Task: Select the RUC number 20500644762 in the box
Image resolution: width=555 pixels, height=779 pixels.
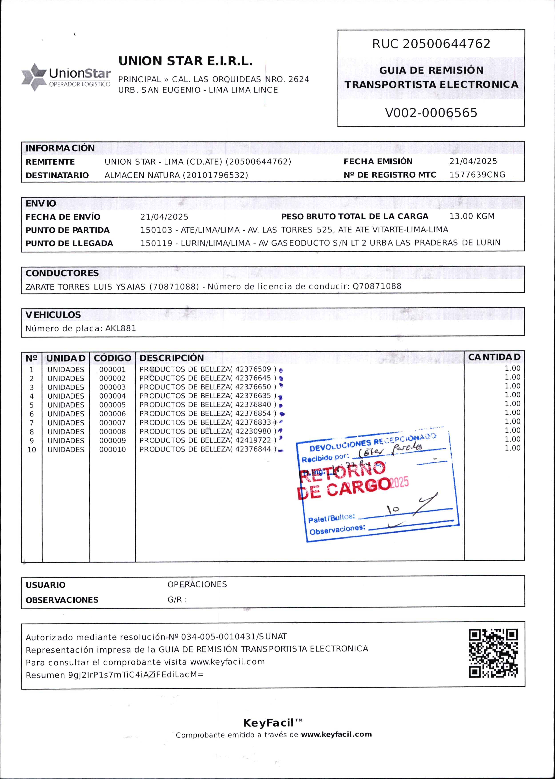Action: [x=447, y=44]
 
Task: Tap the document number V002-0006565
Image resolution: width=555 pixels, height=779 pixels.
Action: [x=431, y=113]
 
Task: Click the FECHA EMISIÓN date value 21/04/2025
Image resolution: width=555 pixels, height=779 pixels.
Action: [x=473, y=161]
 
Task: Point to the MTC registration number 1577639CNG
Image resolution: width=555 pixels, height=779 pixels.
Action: [x=477, y=175]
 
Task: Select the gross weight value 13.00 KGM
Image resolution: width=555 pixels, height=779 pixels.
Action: [x=472, y=217]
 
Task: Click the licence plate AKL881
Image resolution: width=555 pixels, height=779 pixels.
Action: [x=121, y=328]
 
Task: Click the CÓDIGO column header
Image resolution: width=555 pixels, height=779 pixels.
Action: [x=112, y=358]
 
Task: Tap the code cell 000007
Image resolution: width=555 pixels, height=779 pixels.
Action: [x=112, y=423]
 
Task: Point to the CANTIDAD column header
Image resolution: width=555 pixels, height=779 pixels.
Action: [x=494, y=357]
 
